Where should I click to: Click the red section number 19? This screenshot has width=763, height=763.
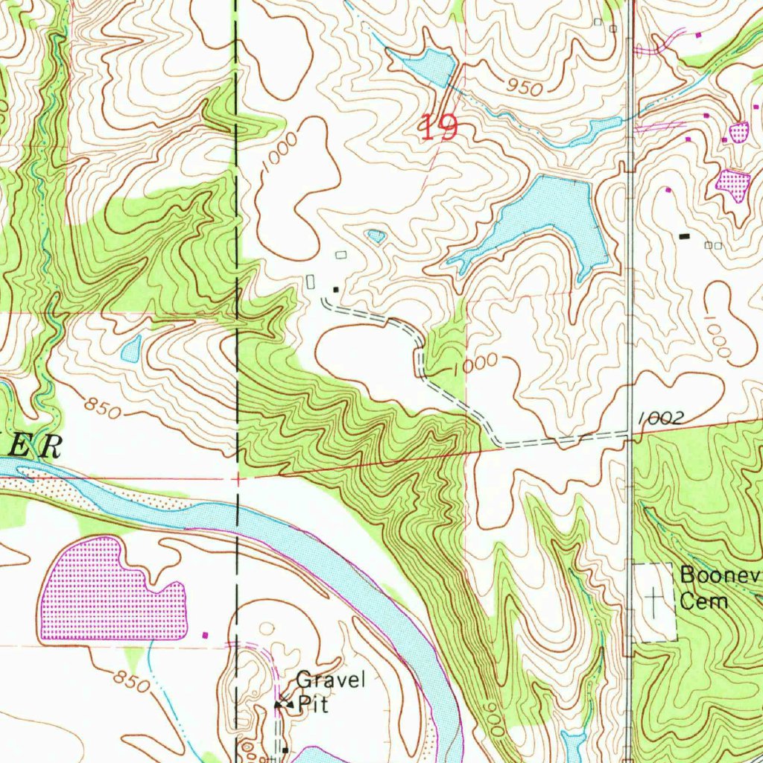pyautogui.click(x=439, y=127)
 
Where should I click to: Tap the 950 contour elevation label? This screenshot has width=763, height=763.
pyautogui.click(x=524, y=87)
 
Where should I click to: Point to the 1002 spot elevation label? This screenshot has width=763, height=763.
pyautogui.click(x=660, y=420)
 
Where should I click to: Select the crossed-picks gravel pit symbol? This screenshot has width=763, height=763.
pyautogui.click(x=283, y=702)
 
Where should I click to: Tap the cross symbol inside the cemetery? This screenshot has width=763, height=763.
pyautogui.click(x=654, y=599)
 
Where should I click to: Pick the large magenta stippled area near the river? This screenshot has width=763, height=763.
pyautogui.click(x=112, y=589)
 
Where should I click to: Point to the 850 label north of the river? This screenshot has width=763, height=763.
pyautogui.click(x=103, y=408)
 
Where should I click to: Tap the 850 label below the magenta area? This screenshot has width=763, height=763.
pyautogui.click(x=133, y=680)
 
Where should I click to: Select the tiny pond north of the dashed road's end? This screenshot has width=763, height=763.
pyautogui.click(x=376, y=237)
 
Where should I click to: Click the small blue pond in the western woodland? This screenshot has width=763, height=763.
pyautogui.click(x=131, y=349)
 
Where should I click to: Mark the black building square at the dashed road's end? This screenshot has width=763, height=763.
pyautogui.click(x=336, y=289)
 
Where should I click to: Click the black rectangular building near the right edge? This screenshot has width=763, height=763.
pyautogui.click(x=684, y=236)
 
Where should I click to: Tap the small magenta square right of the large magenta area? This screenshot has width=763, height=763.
pyautogui.click(x=206, y=635)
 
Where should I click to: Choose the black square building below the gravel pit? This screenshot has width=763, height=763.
pyautogui.click(x=285, y=750)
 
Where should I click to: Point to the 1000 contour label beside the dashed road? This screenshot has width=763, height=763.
pyautogui.click(x=474, y=363)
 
